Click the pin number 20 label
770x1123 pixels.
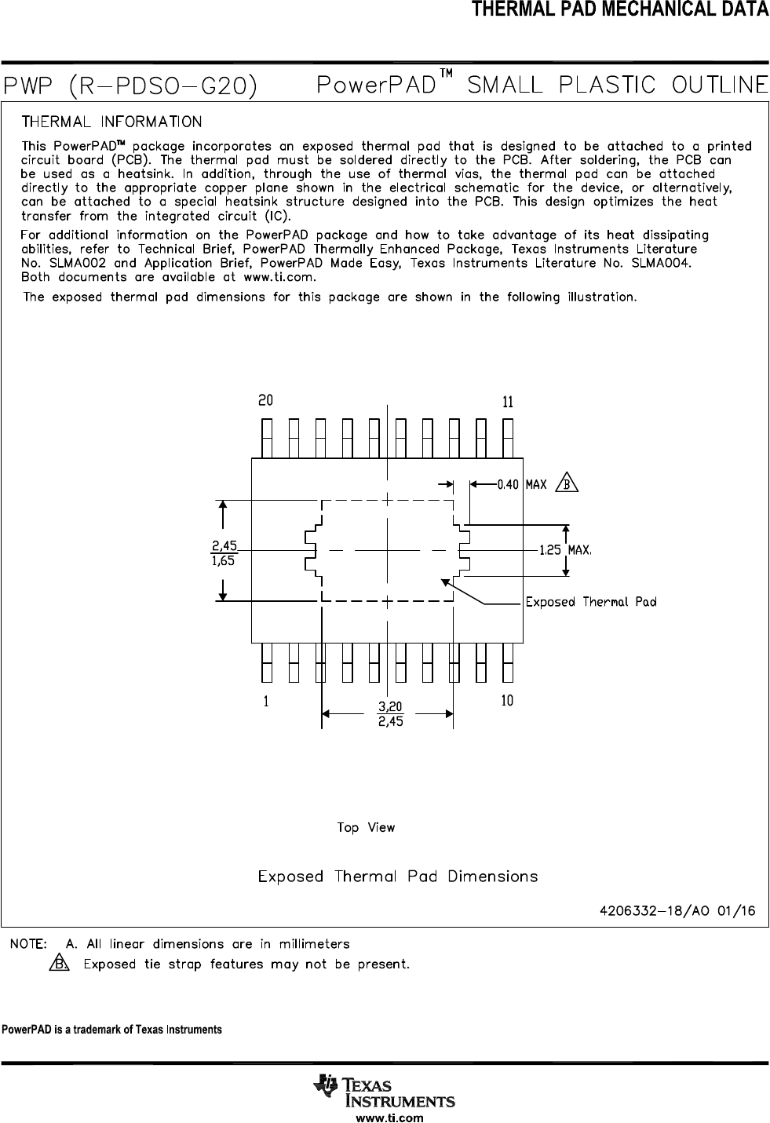click(x=266, y=400)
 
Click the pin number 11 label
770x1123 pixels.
click(x=508, y=403)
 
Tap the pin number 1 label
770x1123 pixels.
click(x=267, y=702)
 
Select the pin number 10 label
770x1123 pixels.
click(x=507, y=701)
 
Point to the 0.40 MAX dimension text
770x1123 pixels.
click(x=521, y=485)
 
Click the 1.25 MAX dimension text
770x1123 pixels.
click(x=564, y=550)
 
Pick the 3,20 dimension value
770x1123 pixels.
click(x=390, y=707)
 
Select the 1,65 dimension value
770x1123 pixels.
click(x=224, y=560)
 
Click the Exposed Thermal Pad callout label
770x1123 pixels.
click(x=590, y=602)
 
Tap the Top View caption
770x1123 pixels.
click(x=366, y=827)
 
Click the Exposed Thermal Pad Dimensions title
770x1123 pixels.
click(x=398, y=877)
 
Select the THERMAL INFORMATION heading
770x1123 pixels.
click(x=111, y=122)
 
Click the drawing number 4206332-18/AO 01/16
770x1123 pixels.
click(x=677, y=911)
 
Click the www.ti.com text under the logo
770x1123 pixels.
click(x=390, y=1118)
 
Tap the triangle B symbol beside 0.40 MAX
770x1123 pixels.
click(x=567, y=483)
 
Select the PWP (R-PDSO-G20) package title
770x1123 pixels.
click(x=131, y=86)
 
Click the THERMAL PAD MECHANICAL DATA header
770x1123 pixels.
click(x=619, y=10)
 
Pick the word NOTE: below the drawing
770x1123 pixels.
click(x=27, y=943)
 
